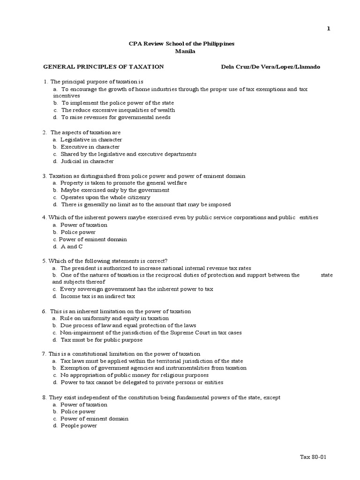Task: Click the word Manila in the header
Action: pos(181,51)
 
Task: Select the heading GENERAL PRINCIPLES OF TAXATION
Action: pos(104,67)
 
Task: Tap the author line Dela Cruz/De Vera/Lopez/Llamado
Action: pos(270,67)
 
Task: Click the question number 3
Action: pos(44,176)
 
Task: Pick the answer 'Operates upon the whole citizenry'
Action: pos(105,197)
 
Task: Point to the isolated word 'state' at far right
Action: pos(327,275)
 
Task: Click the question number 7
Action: pos(44,353)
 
